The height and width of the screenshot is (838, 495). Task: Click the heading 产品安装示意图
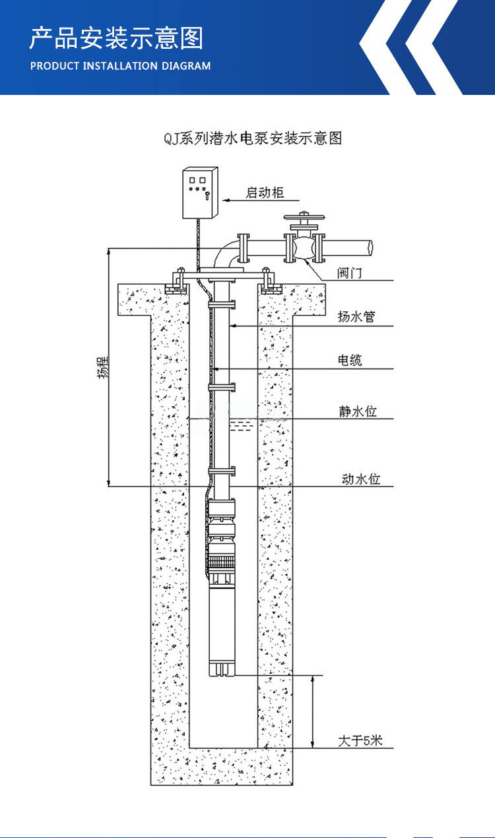click(116, 38)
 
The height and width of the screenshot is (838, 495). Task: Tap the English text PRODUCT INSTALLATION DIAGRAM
click(121, 66)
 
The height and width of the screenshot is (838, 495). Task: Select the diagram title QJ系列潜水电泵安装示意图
click(253, 138)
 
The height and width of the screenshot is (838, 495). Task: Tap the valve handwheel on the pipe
click(302, 216)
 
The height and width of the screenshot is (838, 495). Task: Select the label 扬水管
click(356, 317)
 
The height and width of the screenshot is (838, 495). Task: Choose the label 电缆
click(350, 360)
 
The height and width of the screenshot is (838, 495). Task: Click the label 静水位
click(358, 411)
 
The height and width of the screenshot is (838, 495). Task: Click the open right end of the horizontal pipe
click(370, 247)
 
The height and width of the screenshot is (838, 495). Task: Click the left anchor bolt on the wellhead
click(178, 280)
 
